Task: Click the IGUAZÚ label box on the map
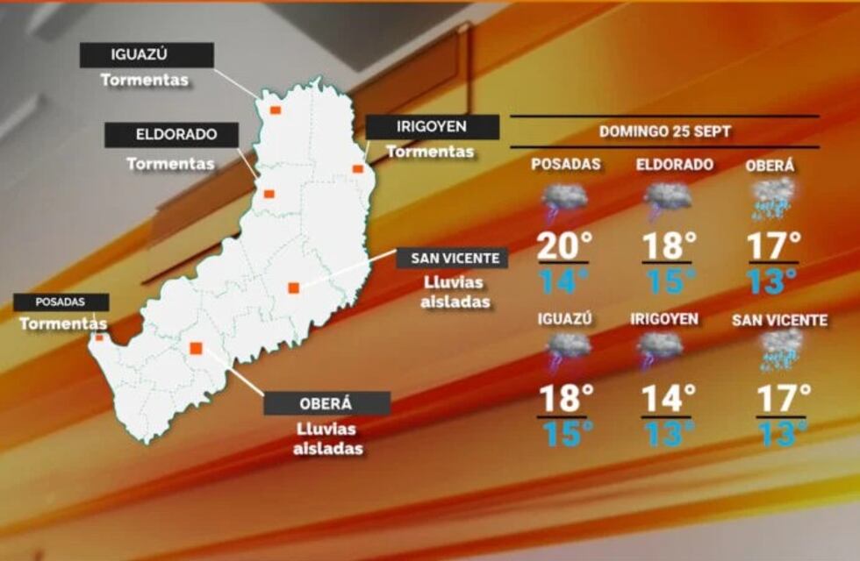pos(147,55)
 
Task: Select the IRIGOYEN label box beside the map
pos(432,127)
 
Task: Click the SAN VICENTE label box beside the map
pos(452,258)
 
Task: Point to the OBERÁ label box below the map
pos(326,403)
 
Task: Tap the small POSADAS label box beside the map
pos(61,302)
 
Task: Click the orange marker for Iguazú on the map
pos(275,110)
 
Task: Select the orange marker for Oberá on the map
pos(196,348)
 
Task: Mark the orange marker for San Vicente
pos(294,287)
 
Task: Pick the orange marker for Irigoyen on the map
pos(358,168)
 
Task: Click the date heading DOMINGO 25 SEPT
pos(664,131)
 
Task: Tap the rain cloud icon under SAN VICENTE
pos(779,351)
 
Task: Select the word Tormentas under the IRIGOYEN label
pos(430,152)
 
